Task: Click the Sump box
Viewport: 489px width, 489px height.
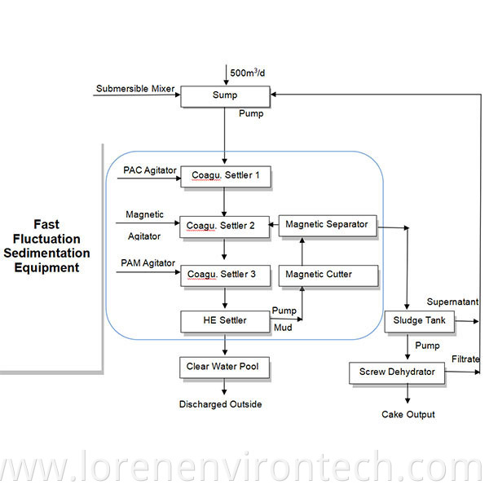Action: [x=224, y=95]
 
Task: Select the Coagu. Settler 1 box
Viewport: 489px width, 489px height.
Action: [x=224, y=175]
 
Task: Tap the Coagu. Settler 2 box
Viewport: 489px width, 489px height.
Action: [x=224, y=226]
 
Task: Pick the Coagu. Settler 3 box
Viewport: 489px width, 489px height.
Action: [x=224, y=275]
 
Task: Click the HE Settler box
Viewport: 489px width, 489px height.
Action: [x=224, y=321]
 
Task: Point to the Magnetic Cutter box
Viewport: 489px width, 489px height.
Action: [x=328, y=275]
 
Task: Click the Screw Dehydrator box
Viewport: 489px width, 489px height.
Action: [x=397, y=372]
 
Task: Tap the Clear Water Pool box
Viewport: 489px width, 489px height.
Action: [x=224, y=368]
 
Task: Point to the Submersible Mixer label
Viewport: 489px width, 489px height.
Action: [x=135, y=89]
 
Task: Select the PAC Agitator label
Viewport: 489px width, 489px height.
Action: [x=150, y=170]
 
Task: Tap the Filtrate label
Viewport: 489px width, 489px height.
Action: [x=465, y=359]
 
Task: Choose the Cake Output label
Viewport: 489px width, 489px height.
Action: [x=408, y=414]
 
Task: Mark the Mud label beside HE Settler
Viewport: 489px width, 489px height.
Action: [x=281, y=326]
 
